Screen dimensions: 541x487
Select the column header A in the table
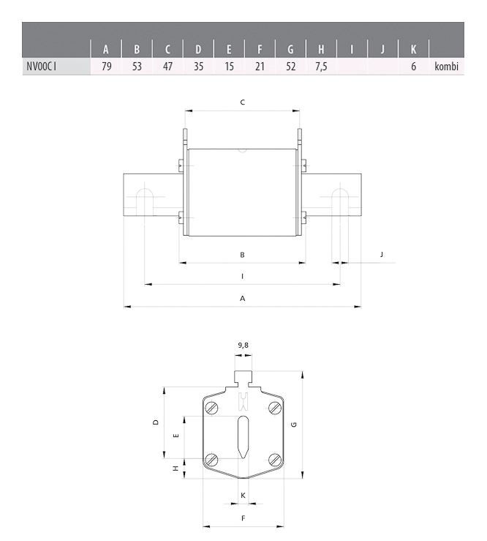pos(106,51)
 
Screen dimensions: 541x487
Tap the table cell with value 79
pos(106,67)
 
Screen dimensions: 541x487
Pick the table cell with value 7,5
pos(321,67)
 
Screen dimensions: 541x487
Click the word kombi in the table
pos(446,67)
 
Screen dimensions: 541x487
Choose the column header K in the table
pos(413,51)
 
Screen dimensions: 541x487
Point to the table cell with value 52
pos(290,67)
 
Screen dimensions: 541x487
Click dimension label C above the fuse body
pos(242,102)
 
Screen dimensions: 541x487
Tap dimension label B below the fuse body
pos(242,255)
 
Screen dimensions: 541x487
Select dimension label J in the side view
pos(382,254)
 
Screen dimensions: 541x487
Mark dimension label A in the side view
pos(242,299)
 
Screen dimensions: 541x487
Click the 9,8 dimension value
pos(243,344)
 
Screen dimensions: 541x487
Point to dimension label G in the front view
pos(293,425)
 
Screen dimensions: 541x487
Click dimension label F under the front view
pos(243,518)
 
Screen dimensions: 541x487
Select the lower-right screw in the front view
pos(275,459)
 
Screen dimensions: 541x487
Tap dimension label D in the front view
pos(156,422)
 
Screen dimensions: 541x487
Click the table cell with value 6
pos(413,67)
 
